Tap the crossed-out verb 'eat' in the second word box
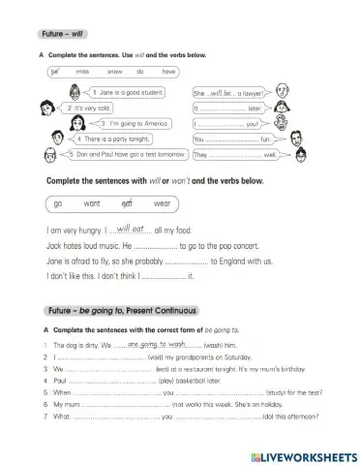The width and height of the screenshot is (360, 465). pos(126,203)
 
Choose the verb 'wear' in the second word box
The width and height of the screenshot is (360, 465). pos(162,203)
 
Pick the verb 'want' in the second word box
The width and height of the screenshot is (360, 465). pos(92,203)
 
